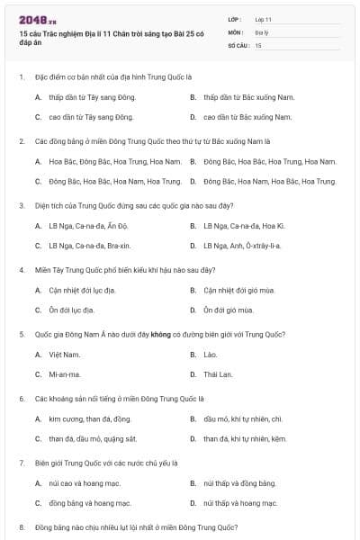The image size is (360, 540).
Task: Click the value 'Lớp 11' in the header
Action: coord(264,19)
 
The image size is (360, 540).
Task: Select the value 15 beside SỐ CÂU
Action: coord(258,44)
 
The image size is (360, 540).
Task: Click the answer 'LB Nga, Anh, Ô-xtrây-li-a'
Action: coord(242,245)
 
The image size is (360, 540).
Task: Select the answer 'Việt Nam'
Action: coord(65,355)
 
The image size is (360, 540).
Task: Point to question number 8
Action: coord(21,526)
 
